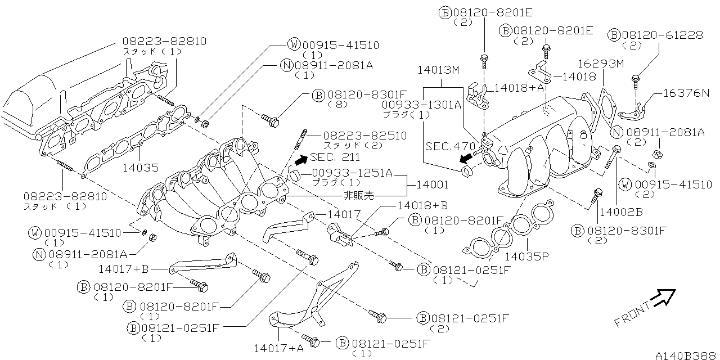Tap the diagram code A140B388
pos(687,355)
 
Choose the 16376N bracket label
pos(686,93)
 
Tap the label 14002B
pos(620,211)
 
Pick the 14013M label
pos(438,70)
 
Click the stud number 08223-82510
pos(357,136)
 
